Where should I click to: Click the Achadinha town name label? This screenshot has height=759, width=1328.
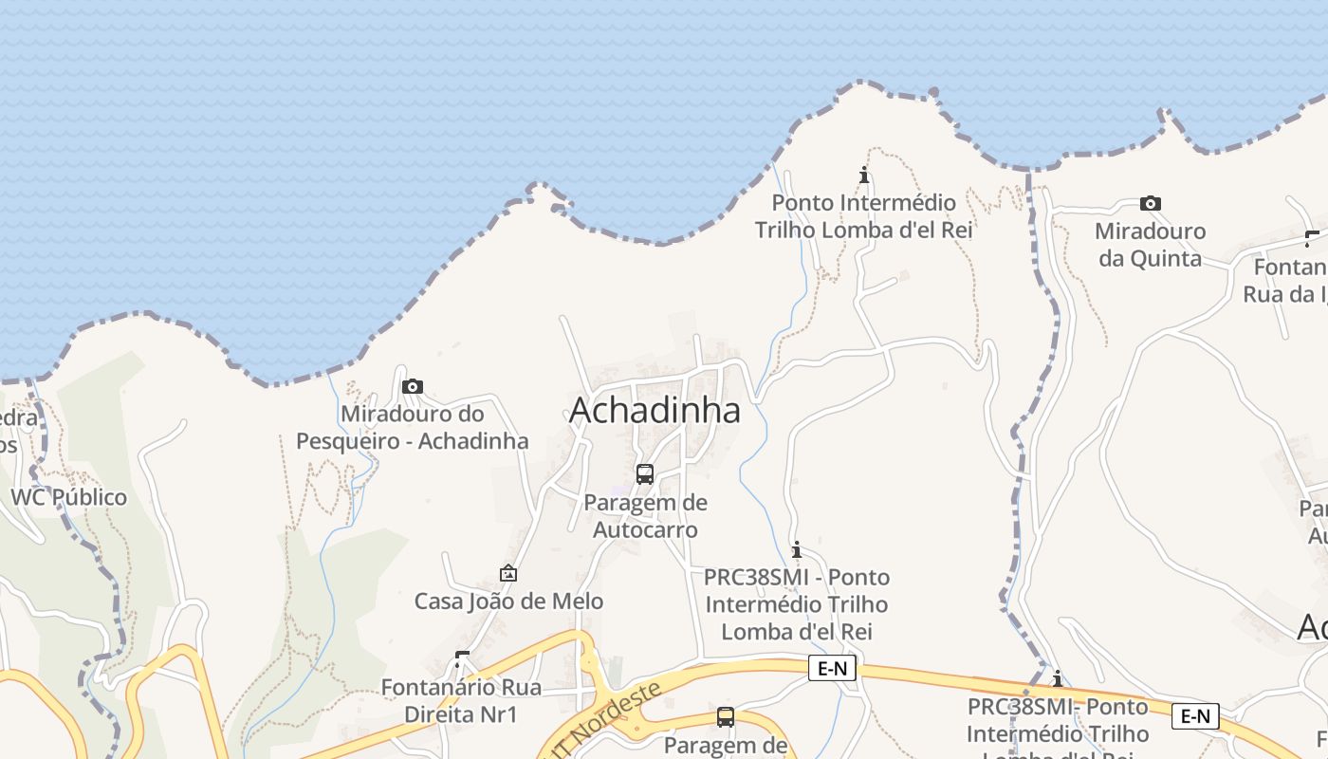tap(655, 411)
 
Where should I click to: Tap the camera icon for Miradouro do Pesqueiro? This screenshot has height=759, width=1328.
tap(412, 386)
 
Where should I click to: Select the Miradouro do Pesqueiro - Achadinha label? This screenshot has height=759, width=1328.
tap(412, 428)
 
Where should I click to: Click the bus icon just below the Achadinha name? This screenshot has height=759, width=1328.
tap(645, 473)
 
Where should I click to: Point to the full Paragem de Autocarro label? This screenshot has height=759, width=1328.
tap(645, 516)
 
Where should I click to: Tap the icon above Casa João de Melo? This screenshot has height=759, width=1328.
tap(508, 573)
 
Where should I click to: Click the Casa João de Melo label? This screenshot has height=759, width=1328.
tap(508, 602)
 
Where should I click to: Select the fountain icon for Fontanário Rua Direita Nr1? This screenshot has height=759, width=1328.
tap(462, 657)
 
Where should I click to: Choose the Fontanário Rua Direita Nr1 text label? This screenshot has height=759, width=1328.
tap(461, 700)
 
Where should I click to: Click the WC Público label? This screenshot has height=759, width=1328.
tap(68, 497)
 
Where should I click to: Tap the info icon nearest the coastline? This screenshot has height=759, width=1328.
tap(864, 175)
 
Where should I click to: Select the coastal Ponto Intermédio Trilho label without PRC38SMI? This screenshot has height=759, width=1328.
tap(864, 216)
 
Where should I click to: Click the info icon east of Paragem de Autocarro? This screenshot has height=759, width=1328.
tap(797, 549)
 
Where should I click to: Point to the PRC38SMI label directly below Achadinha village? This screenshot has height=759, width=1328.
tap(797, 604)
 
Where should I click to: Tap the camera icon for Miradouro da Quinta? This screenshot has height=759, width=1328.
tap(1150, 203)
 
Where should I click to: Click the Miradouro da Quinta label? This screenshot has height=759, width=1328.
tap(1150, 245)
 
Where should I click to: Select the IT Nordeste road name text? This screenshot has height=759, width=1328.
tap(608, 721)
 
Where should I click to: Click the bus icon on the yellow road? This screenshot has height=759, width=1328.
tap(726, 716)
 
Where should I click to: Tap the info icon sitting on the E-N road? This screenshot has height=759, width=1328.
tap(1058, 678)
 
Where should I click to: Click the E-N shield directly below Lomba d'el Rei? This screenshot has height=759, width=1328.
tap(832, 669)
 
